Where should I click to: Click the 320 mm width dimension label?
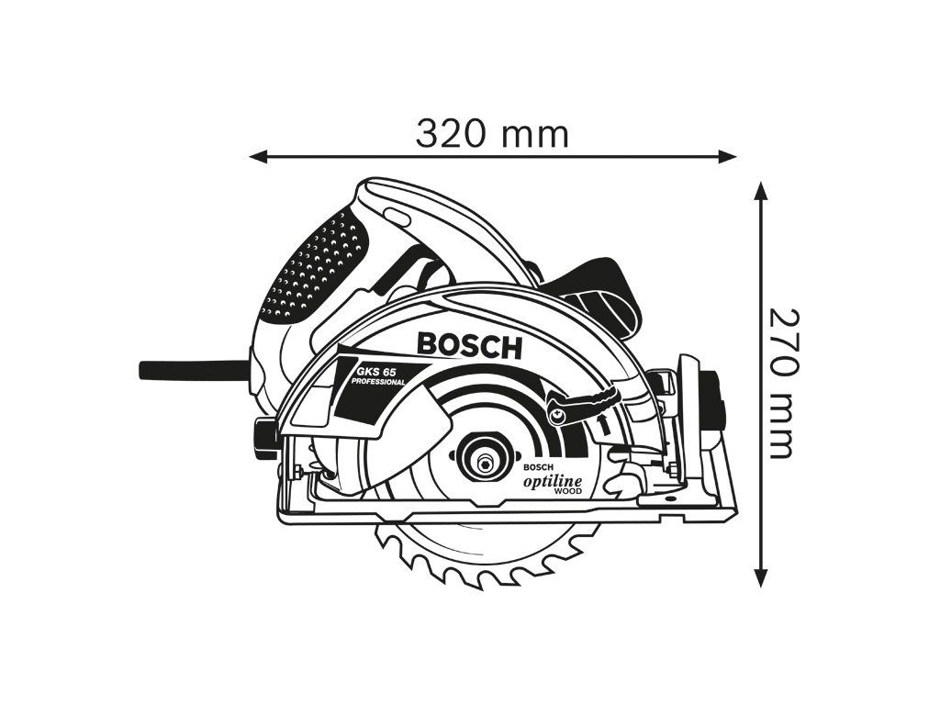(x=492, y=134)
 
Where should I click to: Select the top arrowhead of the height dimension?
(x=760, y=190)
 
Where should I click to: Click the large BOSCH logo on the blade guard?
(x=469, y=344)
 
